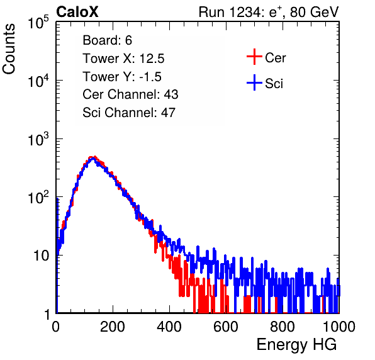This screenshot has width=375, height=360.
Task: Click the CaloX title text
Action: point(77,12)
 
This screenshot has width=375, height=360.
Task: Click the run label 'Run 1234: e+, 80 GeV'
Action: point(269,12)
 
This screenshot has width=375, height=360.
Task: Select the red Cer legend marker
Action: point(254,57)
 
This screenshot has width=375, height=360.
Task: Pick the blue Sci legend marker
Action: point(254,82)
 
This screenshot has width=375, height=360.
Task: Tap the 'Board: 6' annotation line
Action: point(107,40)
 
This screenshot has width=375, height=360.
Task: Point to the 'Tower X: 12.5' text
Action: point(123,59)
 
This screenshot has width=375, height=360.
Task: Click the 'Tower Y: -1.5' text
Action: point(122,77)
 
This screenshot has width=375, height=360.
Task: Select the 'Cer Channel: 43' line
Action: point(130,94)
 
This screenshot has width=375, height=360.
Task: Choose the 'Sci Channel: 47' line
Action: point(129,113)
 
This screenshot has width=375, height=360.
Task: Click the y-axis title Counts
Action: point(9,48)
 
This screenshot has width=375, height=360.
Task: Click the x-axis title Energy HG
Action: point(296,345)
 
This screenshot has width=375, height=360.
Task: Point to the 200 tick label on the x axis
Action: point(113,327)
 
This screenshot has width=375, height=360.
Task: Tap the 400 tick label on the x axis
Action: point(169,327)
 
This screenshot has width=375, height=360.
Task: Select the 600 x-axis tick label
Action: point(226,327)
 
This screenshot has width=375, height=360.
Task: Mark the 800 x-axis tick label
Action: point(283,327)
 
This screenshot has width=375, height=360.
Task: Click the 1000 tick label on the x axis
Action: point(339,327)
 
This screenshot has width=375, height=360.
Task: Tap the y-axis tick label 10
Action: point(42,256)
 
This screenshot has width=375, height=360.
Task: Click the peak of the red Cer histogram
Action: point(94,157)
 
